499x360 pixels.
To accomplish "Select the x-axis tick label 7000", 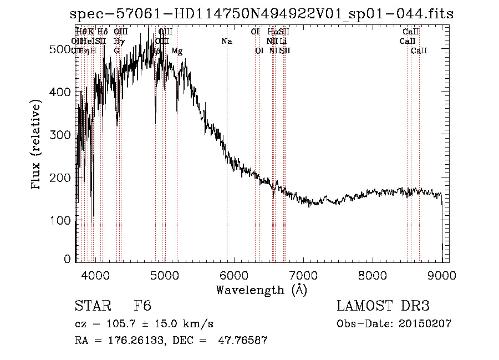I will [303, 276].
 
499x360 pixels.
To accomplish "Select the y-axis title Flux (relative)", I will [37, 145].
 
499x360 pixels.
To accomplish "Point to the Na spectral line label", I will [226, 42].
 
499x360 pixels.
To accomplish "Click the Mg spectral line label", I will [177, 51].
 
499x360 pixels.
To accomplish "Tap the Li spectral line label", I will [283, 42].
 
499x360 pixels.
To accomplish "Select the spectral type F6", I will [142, 306].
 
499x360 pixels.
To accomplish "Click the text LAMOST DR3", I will [383, 306].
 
